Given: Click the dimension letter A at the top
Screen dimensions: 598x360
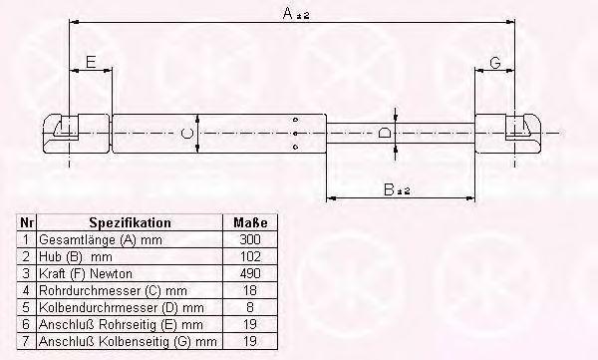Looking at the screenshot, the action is pyautogui.click(x=288, y=14).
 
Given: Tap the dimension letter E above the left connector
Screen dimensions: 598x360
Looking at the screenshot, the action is pyautogui.click(x=91, y=62).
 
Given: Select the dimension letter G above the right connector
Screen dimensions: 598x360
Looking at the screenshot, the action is pyautogui.click(x=495, y=62).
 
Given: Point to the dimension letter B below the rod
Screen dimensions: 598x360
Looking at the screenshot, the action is pyautogui.click(x=389, y=189).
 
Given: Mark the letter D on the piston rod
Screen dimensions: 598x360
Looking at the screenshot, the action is pyautogui.click(x=384, y=133).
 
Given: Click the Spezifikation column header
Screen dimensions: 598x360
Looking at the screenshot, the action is pyautogui.click(x=130, y=222).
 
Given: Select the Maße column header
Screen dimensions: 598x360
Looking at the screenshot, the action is pyautogui.click(x=250, y=222).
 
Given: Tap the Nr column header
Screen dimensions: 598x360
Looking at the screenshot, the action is pyautogui.click(x=27, y=222).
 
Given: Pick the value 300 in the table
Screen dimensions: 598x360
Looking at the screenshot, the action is pyautogui.click(x=250, y=239).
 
